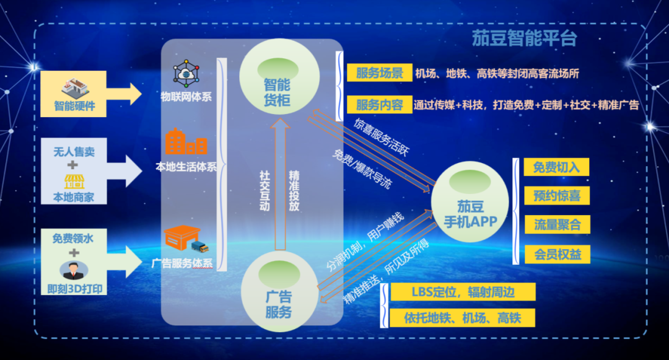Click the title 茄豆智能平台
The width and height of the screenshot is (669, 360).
click(524, 38)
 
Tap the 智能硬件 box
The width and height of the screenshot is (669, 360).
click(74, 94)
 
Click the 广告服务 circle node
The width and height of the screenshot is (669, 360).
click(278, 290)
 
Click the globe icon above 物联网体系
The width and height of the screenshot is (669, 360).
click(185, 74)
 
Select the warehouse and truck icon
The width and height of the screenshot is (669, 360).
click(185, 239)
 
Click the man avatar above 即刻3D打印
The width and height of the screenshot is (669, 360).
click(74, 270)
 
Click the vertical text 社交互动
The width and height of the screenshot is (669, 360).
click(265, 190)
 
